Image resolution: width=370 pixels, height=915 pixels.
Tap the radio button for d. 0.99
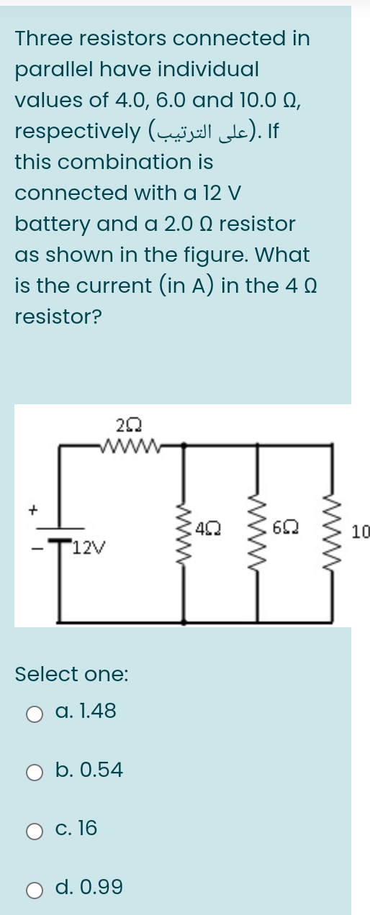click(x=35, y=889)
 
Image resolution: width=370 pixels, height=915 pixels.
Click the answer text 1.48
click(x=95, y=712)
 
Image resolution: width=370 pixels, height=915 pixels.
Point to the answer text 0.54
click(x=99, y=770)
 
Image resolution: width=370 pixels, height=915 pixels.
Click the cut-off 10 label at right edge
click(x=361, y=532)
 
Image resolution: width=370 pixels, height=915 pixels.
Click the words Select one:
click(x=72, y=674)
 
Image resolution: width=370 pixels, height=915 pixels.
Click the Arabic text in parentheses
click(x=207, y=132)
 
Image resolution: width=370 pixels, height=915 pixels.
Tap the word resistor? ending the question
click(x=58, y=317)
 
